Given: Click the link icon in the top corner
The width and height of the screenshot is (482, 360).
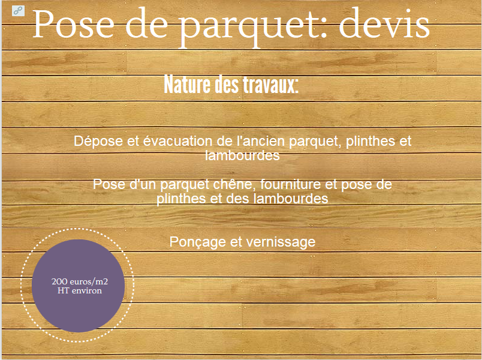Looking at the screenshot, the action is click(18, 11).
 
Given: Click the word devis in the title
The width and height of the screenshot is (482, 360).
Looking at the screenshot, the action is click(384, 24).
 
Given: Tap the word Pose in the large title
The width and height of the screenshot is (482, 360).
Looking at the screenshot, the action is click(73, 24).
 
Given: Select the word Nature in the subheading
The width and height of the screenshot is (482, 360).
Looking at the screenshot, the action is click(188, 85).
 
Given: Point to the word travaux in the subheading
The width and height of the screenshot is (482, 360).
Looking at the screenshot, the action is click(270, 85).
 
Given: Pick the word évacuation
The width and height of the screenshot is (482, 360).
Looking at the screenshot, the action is click(177, 141).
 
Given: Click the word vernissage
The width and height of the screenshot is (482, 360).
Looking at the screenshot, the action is click(281, 242).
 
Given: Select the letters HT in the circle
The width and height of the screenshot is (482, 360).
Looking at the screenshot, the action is click(64, 290).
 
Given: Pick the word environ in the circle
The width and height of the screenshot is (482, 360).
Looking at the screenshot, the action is click(87, 290).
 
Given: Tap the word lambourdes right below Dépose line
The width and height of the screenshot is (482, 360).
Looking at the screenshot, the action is click(242, 155).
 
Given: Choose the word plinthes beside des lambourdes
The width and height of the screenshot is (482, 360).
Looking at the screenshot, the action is click(182, 199).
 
